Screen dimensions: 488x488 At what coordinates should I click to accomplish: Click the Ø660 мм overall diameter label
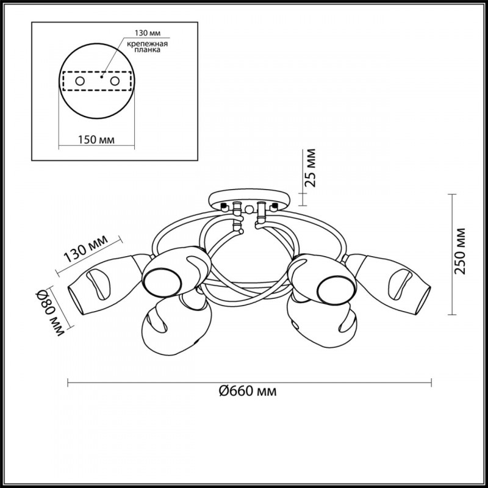click(x=248, y=390)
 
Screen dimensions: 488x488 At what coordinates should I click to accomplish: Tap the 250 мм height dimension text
click(x=460, y=251)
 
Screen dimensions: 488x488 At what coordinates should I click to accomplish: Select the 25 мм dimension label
click(x=310, y=168)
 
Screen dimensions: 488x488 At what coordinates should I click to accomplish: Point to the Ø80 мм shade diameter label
click(x=50, y=313)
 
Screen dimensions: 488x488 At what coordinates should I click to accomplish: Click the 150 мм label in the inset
click(x=96, y=140)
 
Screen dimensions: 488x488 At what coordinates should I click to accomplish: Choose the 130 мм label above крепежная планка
click(x=148, y=33)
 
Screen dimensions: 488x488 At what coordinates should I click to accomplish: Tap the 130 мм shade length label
click(x=85, y=249)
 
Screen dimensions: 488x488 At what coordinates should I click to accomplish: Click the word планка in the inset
click(x=148, y=50)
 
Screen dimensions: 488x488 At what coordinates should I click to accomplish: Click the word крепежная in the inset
click(x=147, y=44)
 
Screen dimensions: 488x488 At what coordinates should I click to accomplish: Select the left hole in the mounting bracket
click(x=80, y=81)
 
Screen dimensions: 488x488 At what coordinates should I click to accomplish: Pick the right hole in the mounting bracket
click(x=115, y=81)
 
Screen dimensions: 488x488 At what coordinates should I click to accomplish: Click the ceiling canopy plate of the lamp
click(x=249, y=199)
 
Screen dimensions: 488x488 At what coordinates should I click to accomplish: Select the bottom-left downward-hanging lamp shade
click(x=176, y=324)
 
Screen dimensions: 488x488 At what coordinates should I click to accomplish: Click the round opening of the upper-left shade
click(x=162, y=282)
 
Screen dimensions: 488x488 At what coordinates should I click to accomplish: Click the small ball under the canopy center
click(x=249, y=209)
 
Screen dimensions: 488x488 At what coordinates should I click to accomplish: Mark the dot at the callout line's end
click(x=101, y=76)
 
